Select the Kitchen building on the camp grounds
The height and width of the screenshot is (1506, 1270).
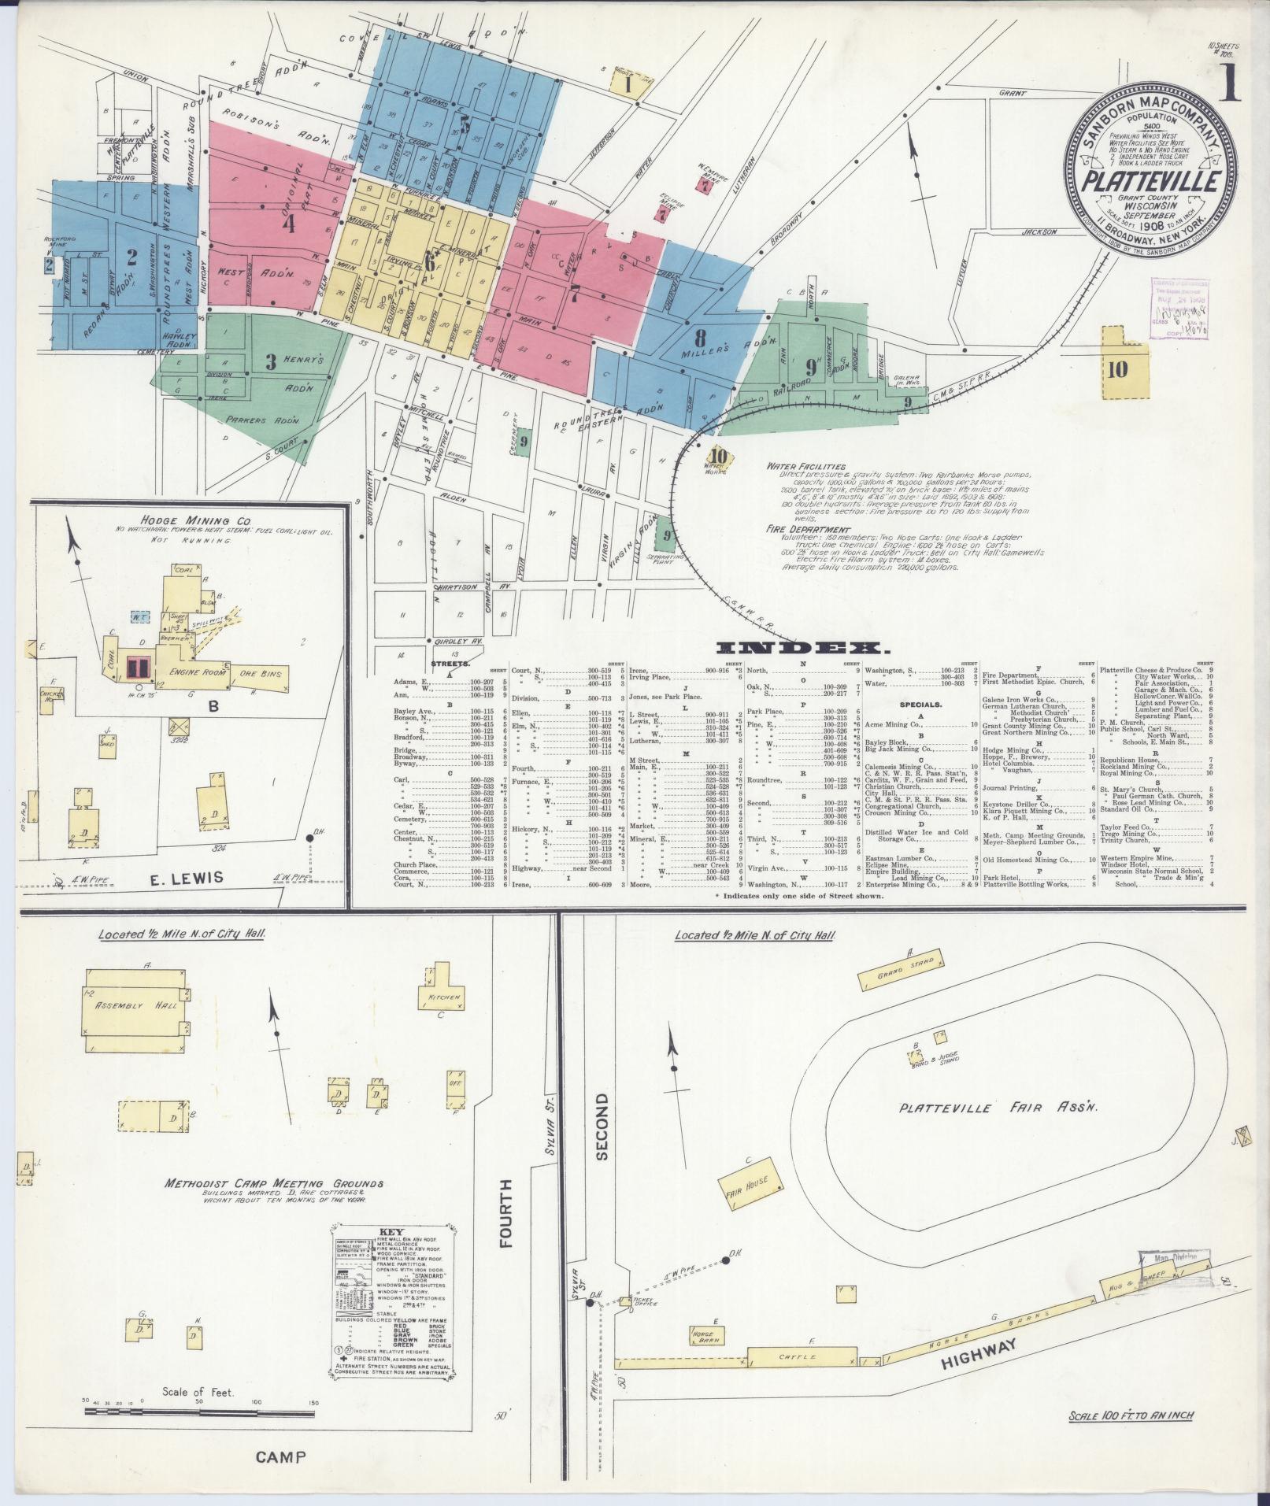[x=443, y=997]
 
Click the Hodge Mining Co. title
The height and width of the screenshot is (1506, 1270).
[x=186, y=520]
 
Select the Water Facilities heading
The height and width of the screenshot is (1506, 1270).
[x=806, y=467]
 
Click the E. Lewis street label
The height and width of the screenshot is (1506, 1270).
[x=187, y=877]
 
